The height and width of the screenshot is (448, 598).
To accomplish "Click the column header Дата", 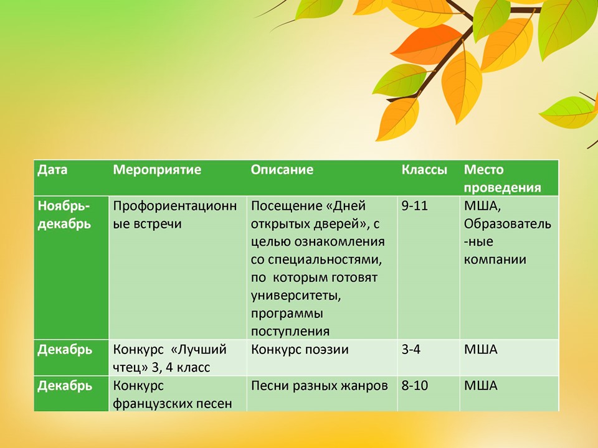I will [52, 170].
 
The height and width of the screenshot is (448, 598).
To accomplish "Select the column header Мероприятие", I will [157, 170].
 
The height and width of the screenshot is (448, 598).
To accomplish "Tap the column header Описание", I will [282, 170].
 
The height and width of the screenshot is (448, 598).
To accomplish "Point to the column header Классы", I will [424, 170].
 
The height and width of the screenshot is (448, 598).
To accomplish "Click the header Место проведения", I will [502, 179].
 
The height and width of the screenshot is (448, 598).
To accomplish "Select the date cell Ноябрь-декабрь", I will [64, 215].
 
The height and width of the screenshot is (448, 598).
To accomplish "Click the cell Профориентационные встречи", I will [174, 215].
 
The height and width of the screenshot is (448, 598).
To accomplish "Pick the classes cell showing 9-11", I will [414, 206].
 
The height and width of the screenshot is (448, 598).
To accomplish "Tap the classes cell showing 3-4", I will [411, 349].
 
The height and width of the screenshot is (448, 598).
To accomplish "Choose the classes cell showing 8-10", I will [414, 385].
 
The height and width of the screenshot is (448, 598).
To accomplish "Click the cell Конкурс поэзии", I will [300, 349].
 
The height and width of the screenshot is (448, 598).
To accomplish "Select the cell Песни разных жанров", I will [319, 385].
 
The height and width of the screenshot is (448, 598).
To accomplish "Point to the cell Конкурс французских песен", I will [172, 394].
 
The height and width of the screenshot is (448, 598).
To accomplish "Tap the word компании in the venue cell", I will [495, 259].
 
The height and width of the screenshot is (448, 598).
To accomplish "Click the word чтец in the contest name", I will [127, 368].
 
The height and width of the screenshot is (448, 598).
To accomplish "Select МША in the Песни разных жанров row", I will [480, 385].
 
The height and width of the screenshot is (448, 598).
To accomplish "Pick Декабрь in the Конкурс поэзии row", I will [65, 349].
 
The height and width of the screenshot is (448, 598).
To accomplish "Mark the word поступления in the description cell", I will [290, 331].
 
